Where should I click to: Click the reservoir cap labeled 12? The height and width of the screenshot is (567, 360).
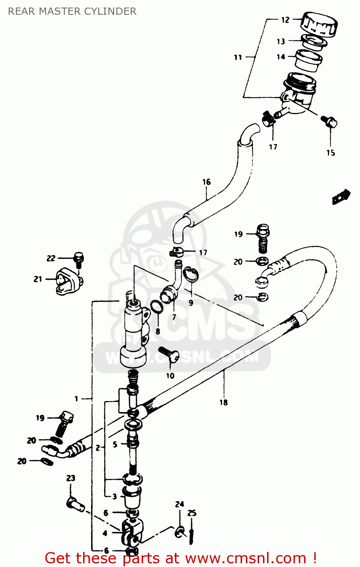(x=319, y=24)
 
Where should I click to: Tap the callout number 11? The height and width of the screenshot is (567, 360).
(x=238, y=57)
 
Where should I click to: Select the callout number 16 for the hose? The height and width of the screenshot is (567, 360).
(x=206, y=182)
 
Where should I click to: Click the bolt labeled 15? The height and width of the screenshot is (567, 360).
(x=329, y=121)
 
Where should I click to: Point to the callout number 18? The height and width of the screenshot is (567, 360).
(x=224, y=403)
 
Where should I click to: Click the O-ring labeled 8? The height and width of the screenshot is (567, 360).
(x=157, y=307)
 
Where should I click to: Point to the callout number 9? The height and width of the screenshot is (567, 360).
(x=191, y=302)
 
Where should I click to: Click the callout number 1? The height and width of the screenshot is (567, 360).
(x=76, y=398)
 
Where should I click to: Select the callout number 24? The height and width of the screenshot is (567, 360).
(x=179, y=504)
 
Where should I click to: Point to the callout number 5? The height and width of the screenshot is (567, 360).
(x=115, y=445)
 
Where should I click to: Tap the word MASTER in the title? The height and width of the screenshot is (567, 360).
(x=60, y=11)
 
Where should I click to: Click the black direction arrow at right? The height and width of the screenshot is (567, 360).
(x=341, y=197)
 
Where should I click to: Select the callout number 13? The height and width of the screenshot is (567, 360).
(x=281, y=42)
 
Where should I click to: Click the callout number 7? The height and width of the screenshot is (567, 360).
(x=174, y=317)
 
